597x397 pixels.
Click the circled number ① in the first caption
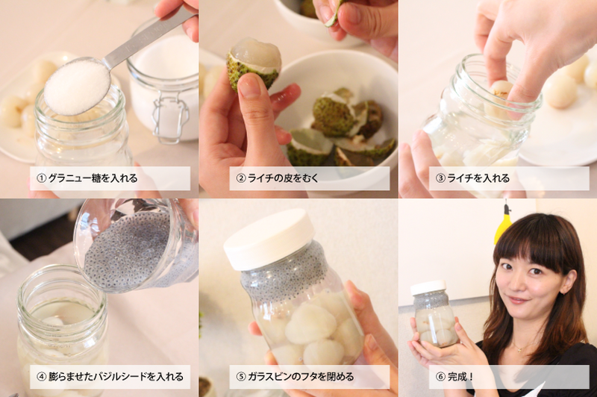(41, 178)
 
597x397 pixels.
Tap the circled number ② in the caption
(241, 178)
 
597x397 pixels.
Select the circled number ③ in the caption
(440, 178)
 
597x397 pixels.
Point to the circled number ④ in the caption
(41, 377)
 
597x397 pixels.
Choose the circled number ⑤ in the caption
(241, 377)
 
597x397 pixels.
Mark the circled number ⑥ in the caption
(440, 377)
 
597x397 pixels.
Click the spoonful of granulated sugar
(77, 87)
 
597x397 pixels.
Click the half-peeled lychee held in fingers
(254, 63)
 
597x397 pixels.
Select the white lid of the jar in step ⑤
(269, 240)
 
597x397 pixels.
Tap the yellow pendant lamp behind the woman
(502, 225)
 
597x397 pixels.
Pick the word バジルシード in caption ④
(121, 377)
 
